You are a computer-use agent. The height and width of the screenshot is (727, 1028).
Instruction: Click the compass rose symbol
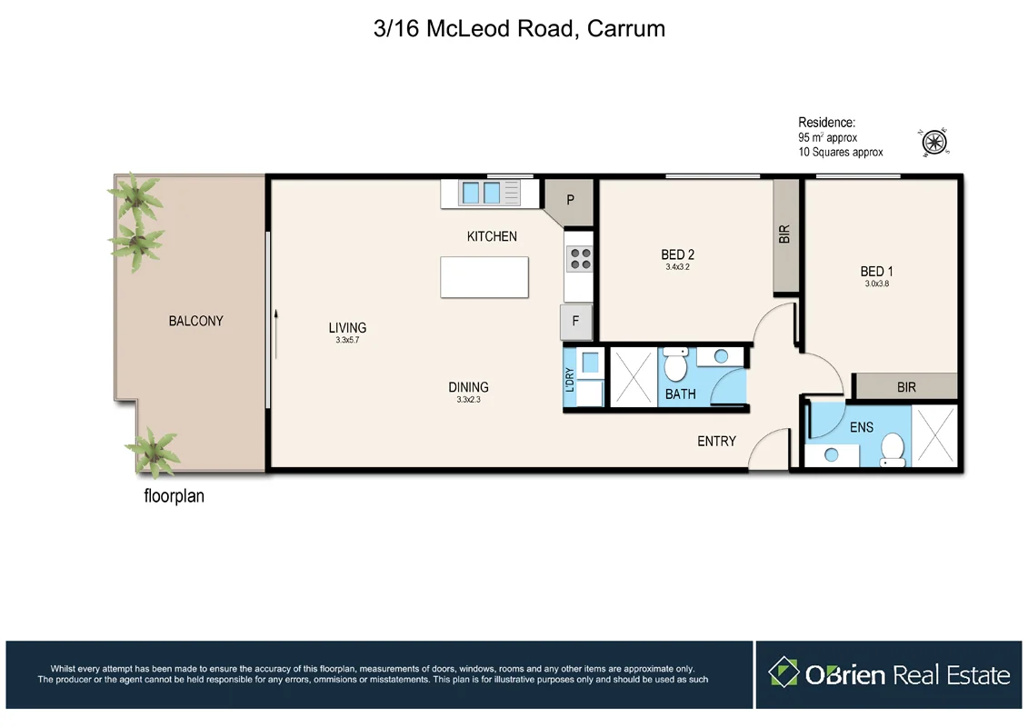[935, 143]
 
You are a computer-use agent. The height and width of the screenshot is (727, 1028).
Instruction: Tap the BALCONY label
[195, 321]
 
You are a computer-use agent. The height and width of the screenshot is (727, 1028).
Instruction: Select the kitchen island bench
[484, 276]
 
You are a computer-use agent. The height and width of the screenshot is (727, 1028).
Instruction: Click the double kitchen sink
[481, 194]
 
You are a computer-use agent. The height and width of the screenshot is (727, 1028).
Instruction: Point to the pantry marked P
[570, 199]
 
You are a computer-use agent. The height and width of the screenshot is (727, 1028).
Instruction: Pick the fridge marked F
[575, 321]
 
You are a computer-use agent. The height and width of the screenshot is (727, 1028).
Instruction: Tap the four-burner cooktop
[578, 259]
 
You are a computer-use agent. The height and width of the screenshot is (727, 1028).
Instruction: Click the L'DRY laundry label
[570, 380]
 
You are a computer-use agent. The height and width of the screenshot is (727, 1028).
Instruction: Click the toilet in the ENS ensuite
[893, 450]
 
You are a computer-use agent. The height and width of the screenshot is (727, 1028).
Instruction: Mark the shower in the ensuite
[934, 437]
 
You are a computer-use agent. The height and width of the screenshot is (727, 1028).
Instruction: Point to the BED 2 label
[684, 254]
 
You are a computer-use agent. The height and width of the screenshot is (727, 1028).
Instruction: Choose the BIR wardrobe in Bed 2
[785, 235]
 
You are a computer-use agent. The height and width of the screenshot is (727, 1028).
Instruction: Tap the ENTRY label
[716, 441]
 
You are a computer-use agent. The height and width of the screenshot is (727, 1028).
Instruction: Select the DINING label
[468, 387]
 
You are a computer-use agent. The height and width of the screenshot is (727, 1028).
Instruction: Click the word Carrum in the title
[626, 28]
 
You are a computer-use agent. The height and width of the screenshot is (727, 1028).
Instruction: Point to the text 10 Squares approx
[840, 152]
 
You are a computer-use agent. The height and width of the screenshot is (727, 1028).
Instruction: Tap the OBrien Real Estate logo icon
[783, 673]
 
